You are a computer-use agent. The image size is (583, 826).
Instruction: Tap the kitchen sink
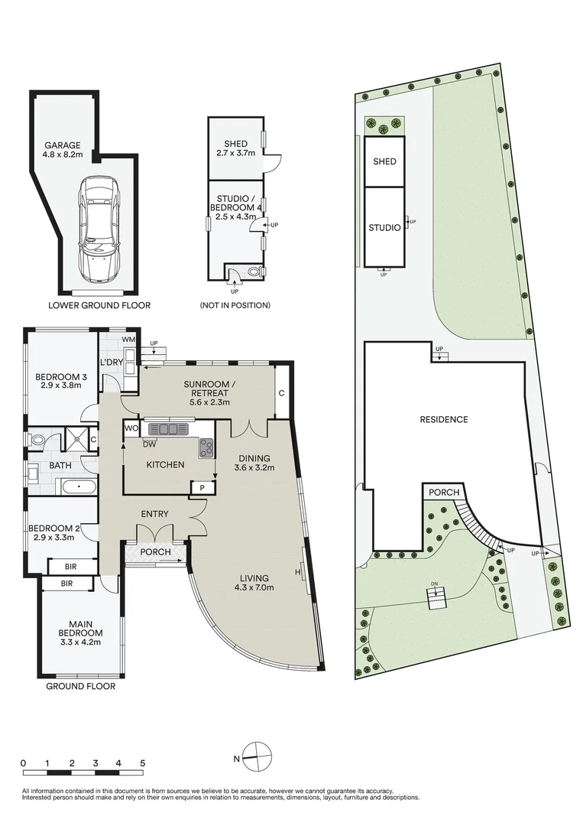click(166, 429)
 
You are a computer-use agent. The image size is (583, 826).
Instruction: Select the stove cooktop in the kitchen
click(206, 448)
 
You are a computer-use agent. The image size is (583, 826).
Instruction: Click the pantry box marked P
click(201, 488)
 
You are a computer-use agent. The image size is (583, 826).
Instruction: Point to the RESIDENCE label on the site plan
click(444, 419)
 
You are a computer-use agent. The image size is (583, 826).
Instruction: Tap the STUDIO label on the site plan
click(384, 227)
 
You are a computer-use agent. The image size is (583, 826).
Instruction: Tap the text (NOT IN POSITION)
click(235, 305)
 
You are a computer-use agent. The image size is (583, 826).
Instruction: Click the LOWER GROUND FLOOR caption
click(99, 305)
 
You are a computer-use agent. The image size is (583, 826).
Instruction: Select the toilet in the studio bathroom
click(253, 271)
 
